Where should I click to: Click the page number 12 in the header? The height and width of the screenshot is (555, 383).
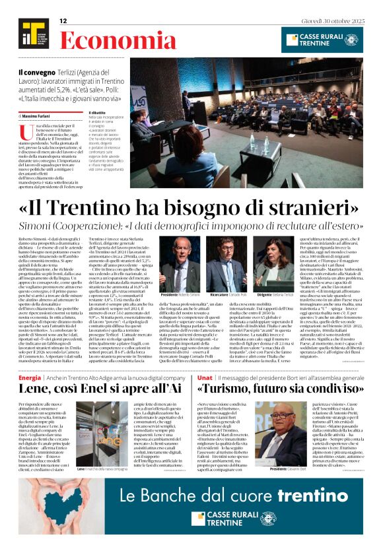(63, 21)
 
